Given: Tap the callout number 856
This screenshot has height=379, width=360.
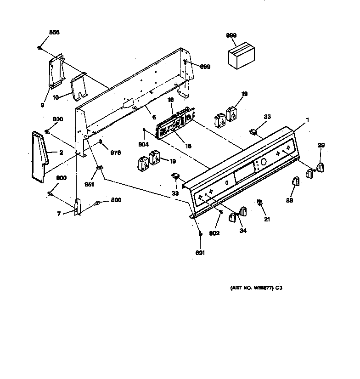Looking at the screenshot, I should [x=54, y=32].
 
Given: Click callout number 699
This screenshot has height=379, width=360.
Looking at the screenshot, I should [x=205, y=67].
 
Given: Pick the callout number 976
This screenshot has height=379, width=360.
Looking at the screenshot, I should [x=115, y=153].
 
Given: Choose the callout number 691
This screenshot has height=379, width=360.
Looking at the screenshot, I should [x=200, y=252].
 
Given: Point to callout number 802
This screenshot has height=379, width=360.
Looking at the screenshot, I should [x=214, y=233].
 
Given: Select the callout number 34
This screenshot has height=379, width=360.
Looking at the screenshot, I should [x=242, y=230].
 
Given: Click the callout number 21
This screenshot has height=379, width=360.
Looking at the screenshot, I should [x=267, y=219].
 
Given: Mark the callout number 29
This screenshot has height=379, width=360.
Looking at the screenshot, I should [x=321, y=145].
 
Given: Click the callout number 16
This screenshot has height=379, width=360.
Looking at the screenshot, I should [x=170, y=99].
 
